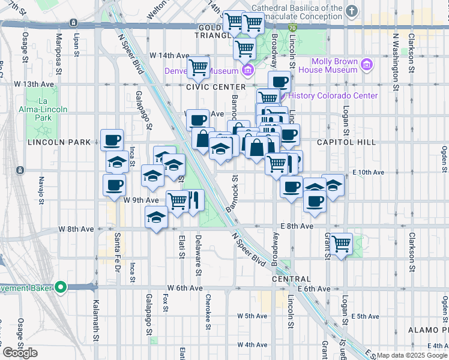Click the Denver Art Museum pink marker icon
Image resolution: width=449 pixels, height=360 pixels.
pos(247,71)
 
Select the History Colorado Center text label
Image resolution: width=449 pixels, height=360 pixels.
pos(333,95)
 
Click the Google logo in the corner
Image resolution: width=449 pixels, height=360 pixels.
pos(20,352)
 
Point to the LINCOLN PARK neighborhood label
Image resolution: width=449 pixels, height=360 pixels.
pos(58,142)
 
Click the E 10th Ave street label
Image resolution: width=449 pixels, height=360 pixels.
pos(369,172)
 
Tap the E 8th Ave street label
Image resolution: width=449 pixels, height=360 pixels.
pos(297,226)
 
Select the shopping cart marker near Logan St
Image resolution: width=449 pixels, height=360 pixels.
pos(341,244)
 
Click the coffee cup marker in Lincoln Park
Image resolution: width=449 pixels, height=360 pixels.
pos(112,140)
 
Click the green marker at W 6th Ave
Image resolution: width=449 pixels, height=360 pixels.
pos(61,288)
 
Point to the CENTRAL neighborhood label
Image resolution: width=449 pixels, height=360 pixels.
pos(291,279)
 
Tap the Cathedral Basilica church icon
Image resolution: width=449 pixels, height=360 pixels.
pos(352,11)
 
